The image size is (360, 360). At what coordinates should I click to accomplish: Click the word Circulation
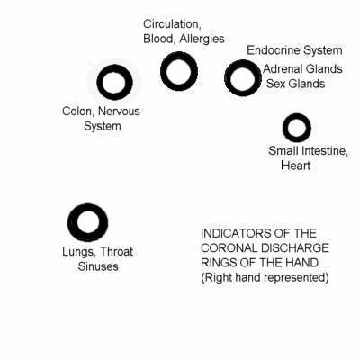click(172, 24)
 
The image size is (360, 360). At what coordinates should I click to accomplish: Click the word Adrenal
click(283, 69)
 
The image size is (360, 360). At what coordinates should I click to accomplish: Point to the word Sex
click(275, 84)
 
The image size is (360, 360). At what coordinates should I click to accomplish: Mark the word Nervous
click(119, 112)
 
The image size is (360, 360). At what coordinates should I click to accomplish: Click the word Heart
click(296, 166)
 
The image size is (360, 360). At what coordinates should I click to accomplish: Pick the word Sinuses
click(98, 266)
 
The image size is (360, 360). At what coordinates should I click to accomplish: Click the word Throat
click(117, 251)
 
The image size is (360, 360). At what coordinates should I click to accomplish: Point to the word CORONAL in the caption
click(229, 248)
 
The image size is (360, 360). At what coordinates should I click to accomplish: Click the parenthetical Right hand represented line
click(265, 277)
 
